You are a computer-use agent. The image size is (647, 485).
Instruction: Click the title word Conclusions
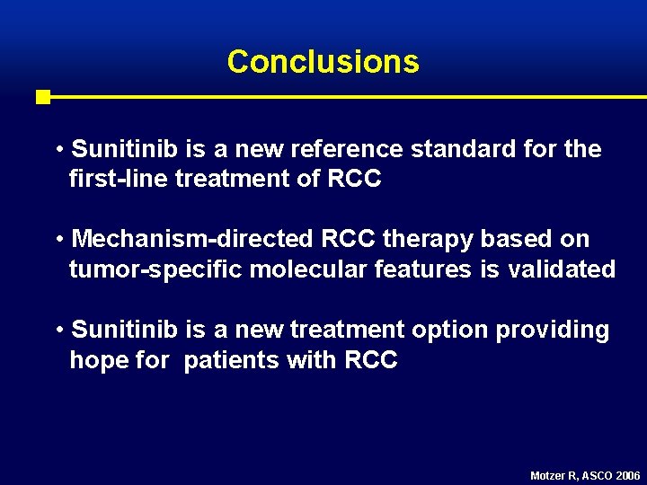(323, 62)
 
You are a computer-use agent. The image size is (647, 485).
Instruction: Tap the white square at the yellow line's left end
(42, 97)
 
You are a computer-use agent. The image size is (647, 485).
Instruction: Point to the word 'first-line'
(119, 180)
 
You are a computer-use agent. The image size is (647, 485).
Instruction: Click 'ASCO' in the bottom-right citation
(598, 475)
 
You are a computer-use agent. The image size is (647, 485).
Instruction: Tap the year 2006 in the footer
(628, 475)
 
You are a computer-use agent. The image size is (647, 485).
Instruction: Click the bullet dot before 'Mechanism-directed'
(58, 240)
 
